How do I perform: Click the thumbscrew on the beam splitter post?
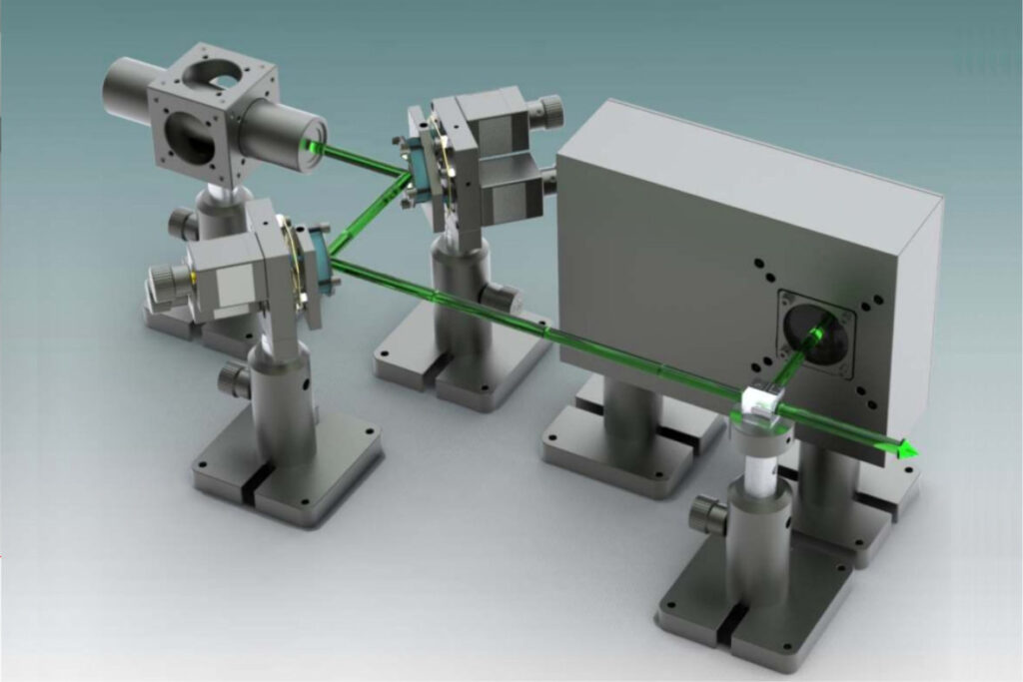708,514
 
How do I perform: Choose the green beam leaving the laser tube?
360,161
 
